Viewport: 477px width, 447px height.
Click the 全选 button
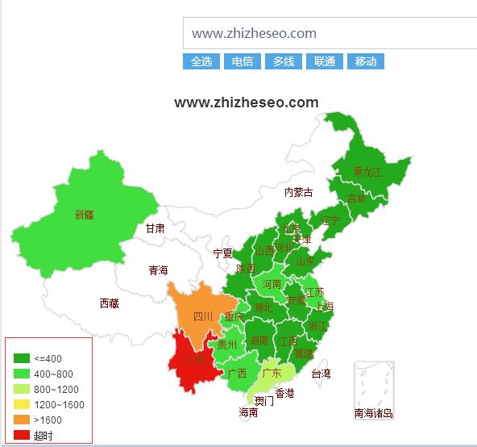coord(201,61)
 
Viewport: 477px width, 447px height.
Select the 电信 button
coord(243,61)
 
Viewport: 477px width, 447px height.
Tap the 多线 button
coord(284,61)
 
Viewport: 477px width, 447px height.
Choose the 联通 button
coord(325,61)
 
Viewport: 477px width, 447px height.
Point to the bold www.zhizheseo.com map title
coord(247,102)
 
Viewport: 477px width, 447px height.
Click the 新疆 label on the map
coord(85,215)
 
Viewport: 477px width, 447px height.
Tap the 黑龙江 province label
coord(367,172)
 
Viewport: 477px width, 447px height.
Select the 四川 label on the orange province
coord(203,316)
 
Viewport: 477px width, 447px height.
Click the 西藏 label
coord(110,303)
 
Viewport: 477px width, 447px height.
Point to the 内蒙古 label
coord(298,192)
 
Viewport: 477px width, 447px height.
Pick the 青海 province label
coord(158,270)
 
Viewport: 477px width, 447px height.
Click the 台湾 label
coord(321,374)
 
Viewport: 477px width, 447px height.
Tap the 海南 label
coord(248,411)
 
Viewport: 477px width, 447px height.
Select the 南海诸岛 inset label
coord(374,413)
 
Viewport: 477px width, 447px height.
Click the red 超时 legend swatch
coord(22,435)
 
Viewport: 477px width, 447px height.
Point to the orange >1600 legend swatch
coord(22,420)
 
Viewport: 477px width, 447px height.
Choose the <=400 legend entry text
coord(48,358)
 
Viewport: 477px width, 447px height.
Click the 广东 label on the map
coord(272,373)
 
